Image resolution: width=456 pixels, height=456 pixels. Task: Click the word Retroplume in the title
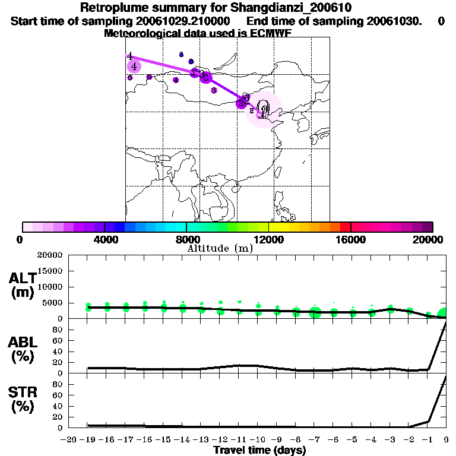109,8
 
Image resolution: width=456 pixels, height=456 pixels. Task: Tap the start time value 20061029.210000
177,21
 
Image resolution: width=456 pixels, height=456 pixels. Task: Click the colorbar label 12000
269,239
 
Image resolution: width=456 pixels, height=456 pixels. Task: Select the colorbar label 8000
186,239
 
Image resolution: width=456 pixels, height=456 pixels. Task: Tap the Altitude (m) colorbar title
220,249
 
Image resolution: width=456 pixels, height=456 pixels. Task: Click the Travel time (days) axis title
259,451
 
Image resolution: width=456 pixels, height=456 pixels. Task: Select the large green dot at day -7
315,313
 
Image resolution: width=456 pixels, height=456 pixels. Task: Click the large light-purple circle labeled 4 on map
135,66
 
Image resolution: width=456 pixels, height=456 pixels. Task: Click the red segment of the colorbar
345,227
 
